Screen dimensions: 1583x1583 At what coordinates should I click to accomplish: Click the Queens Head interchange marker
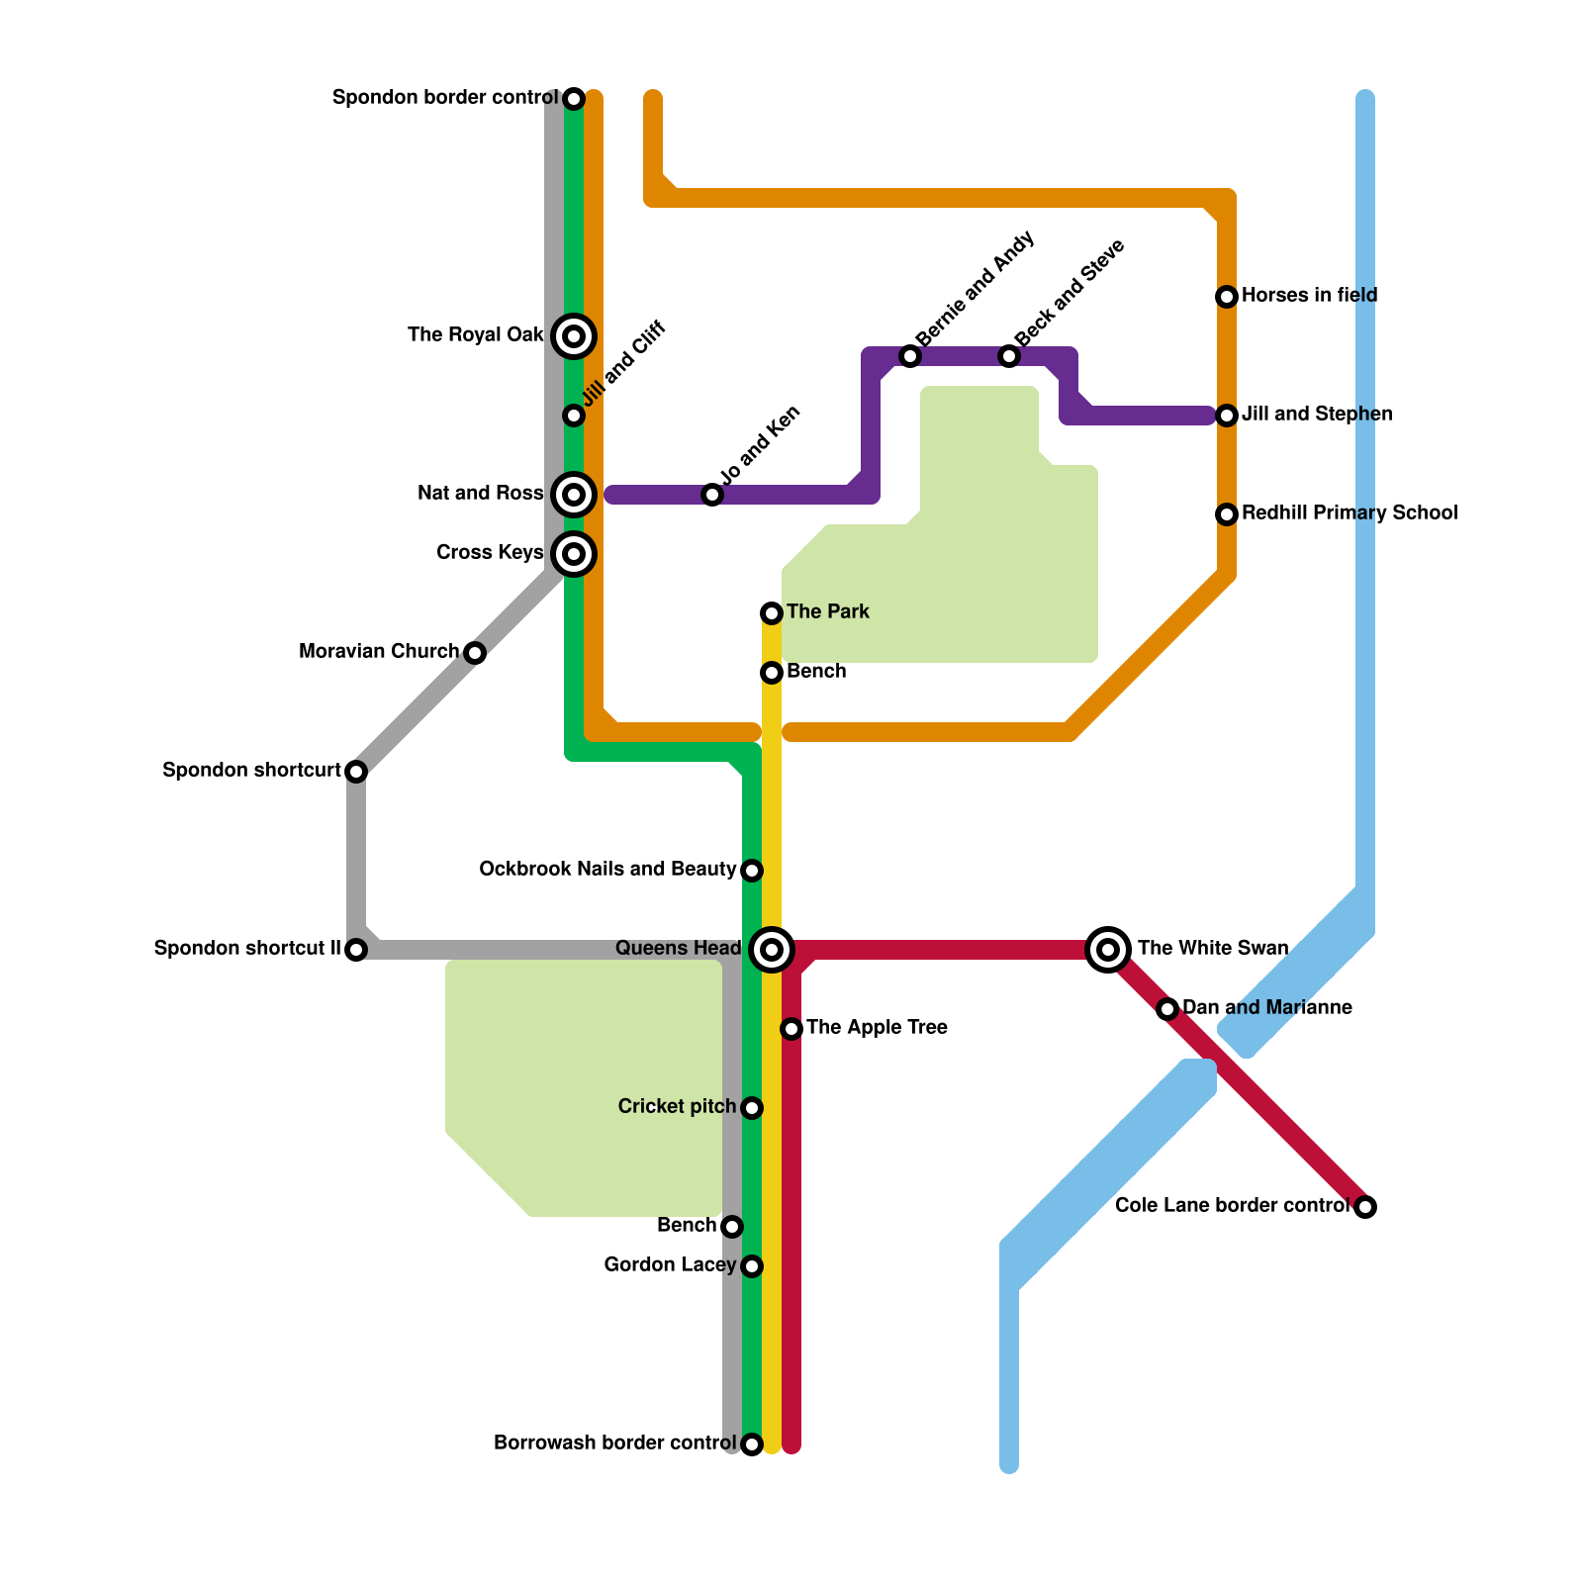click(x=772, y=950)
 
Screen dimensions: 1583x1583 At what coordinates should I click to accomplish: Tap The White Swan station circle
click(x=1108, y=950)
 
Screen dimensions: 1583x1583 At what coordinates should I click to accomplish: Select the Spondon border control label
click(x=444, y=98)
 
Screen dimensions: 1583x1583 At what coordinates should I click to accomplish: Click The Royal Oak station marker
click(x=574, y=336)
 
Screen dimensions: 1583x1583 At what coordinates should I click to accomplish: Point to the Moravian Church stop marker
click(x=475, y=653)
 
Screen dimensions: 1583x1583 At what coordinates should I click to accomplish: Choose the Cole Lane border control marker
click(x=1365, y=1207)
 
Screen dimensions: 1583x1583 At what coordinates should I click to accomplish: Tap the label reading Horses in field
click(x=1309, y=296)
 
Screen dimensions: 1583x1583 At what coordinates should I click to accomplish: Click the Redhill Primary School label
click(x=1350, y=513)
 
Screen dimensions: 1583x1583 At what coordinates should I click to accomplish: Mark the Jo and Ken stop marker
click(x=712, y=495)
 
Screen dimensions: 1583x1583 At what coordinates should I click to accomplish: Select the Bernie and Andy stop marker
click(x=910, y=356)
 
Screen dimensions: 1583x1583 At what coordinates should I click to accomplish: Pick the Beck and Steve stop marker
click(x=1009, y=356)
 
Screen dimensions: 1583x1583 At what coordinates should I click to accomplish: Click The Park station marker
click(x=772, y=613)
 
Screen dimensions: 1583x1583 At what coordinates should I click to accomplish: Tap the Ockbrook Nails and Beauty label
click(x=607, y=870)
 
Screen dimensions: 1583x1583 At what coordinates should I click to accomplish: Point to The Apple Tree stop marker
click(x=791, y=1029)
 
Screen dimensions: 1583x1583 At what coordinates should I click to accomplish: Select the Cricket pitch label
click(x=677, y=1107)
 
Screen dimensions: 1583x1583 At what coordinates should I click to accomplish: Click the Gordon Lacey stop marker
click(x=752, y=1266)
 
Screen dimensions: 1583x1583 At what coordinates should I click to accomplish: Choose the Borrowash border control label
click(x=614, y=1443)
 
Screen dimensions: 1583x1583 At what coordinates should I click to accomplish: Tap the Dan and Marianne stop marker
click(x=1167, y=1009)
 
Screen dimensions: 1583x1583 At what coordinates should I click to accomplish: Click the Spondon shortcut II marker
click(x=356, y=950)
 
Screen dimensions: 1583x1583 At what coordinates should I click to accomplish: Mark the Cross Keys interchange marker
click(x=574, y=554)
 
